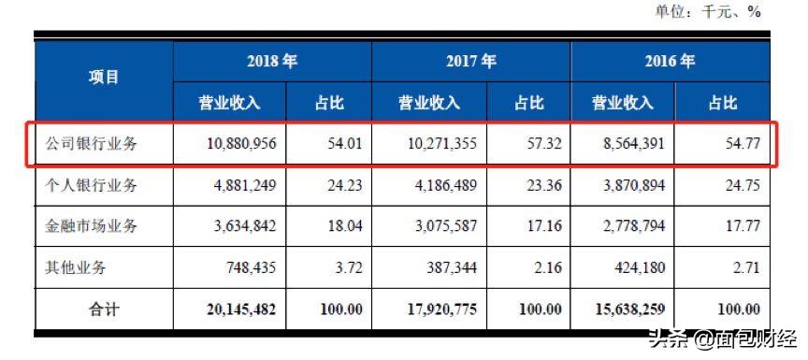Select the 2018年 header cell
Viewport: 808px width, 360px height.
point(272,63)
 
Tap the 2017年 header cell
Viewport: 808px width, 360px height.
point(470,63)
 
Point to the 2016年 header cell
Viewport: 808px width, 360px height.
point(670,63)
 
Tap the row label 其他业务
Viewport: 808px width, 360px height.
point(77,266)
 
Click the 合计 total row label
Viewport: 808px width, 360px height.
point(103,308)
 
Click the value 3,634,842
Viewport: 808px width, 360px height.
point(238,225)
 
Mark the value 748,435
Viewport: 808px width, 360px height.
point(246,266)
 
